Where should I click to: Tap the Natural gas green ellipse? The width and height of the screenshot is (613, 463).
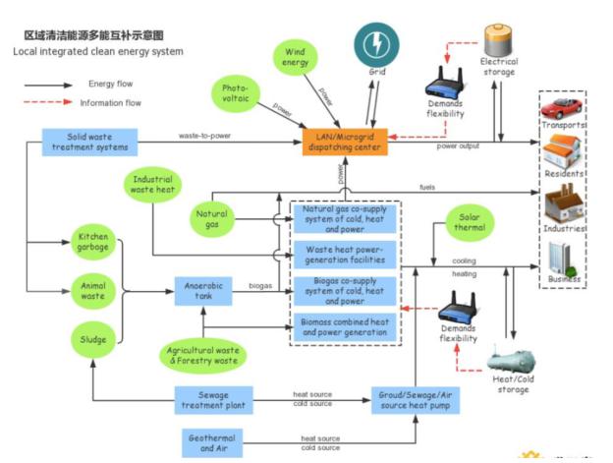213,218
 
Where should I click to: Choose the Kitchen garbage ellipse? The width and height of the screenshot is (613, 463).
94,243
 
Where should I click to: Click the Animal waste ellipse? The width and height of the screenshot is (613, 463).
94,290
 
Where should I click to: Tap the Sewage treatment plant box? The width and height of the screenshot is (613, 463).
215,398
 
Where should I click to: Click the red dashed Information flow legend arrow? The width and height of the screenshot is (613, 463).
48,101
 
